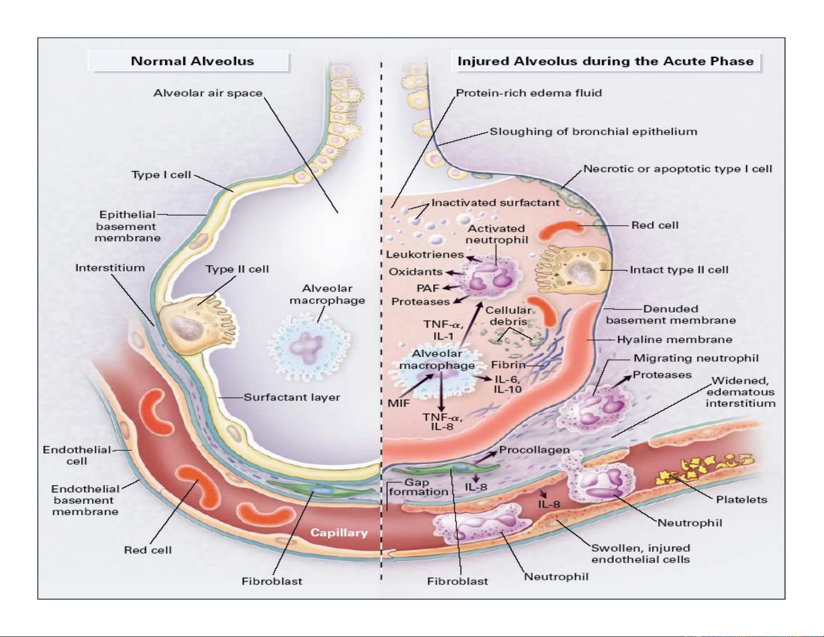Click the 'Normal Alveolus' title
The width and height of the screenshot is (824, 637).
click(192, 61)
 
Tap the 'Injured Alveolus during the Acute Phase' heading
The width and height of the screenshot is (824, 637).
click(605, 61)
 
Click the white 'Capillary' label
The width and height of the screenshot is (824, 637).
click(339, 532)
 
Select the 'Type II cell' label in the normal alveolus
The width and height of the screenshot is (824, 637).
click(237, 269)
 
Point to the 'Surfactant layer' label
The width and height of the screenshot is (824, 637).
click(292, 397)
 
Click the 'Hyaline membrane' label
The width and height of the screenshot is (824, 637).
click(674, 340)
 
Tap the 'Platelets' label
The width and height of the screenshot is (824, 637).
click(741, 500)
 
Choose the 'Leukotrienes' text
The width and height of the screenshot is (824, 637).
click(425, 254)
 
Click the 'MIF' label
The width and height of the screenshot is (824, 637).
click(399, 403)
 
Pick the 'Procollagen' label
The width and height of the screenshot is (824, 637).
click(534, 450)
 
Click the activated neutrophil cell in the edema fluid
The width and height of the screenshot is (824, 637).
click(489, 276)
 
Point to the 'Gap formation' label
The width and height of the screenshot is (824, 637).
click(418, 487)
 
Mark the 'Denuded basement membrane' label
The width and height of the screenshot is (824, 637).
click(671, 315)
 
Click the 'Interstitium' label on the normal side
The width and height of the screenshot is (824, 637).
click(110, 268)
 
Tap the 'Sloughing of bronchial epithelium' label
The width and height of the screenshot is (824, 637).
click(593, 132)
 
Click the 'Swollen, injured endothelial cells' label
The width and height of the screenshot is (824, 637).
click(640, 554)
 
